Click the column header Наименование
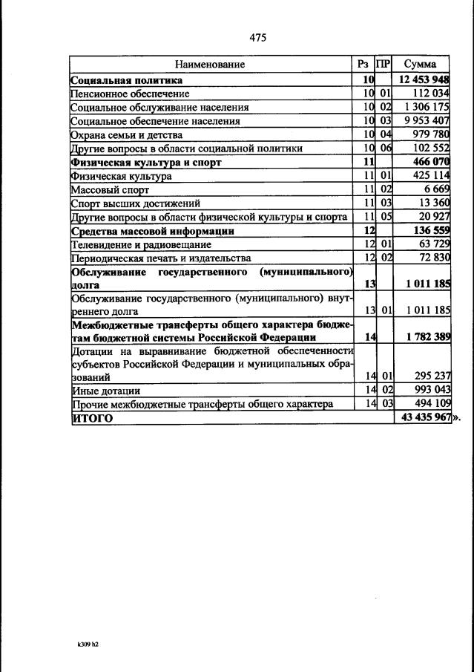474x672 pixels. [x=210, y=65]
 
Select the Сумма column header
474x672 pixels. [x=420, y=65]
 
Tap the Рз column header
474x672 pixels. [x=363, y=65]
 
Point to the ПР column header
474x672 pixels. [x=383, y=65]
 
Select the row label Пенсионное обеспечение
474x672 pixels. [x=131, y=94]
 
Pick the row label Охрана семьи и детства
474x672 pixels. [x=126, y=135]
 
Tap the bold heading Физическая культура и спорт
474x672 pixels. [x=147, y=162]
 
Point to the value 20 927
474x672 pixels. [x=432, y=217]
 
